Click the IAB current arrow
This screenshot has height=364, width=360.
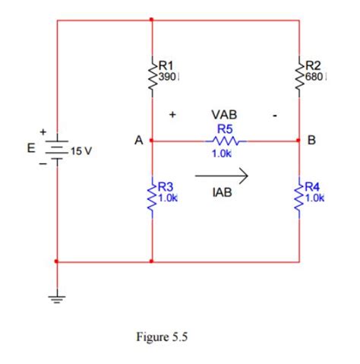click(x=222, y=176)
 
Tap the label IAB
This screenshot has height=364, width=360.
click(x=223, y=194)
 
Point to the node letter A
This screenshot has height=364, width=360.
click(x=137, y=141)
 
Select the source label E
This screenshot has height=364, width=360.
click(x=31, y=149)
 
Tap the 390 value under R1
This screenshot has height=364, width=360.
click(x=166, y=78)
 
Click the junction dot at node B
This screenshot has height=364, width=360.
click(x=299, y=141)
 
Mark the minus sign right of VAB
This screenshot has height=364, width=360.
click(x=277, y=116)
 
